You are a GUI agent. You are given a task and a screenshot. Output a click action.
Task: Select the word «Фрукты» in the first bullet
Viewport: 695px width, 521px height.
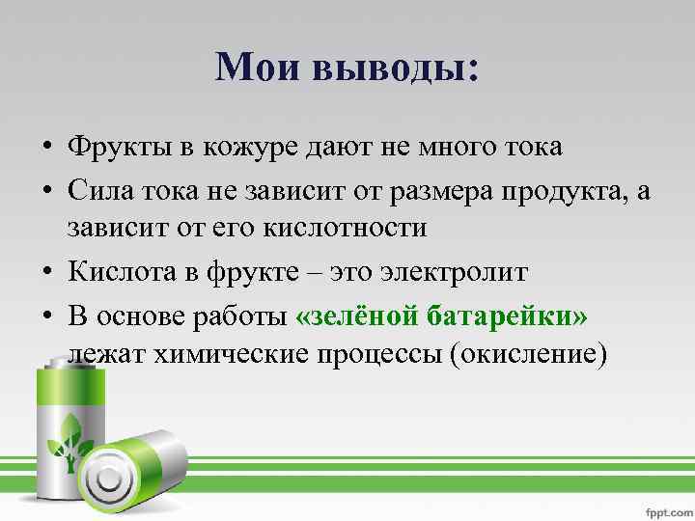click(117, 149)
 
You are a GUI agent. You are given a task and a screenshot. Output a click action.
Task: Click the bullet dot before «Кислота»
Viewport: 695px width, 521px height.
click(45, 272)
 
